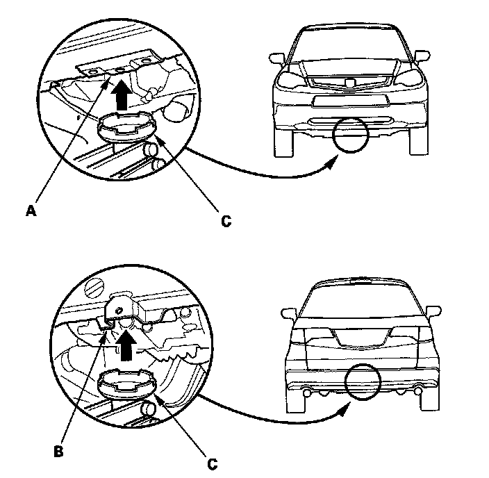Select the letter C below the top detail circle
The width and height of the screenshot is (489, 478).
coord(225,222)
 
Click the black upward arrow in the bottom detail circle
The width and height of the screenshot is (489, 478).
coord(127,343)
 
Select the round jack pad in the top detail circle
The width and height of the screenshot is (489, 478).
coord(127,127)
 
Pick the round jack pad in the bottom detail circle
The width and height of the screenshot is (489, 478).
coord(128,383)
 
